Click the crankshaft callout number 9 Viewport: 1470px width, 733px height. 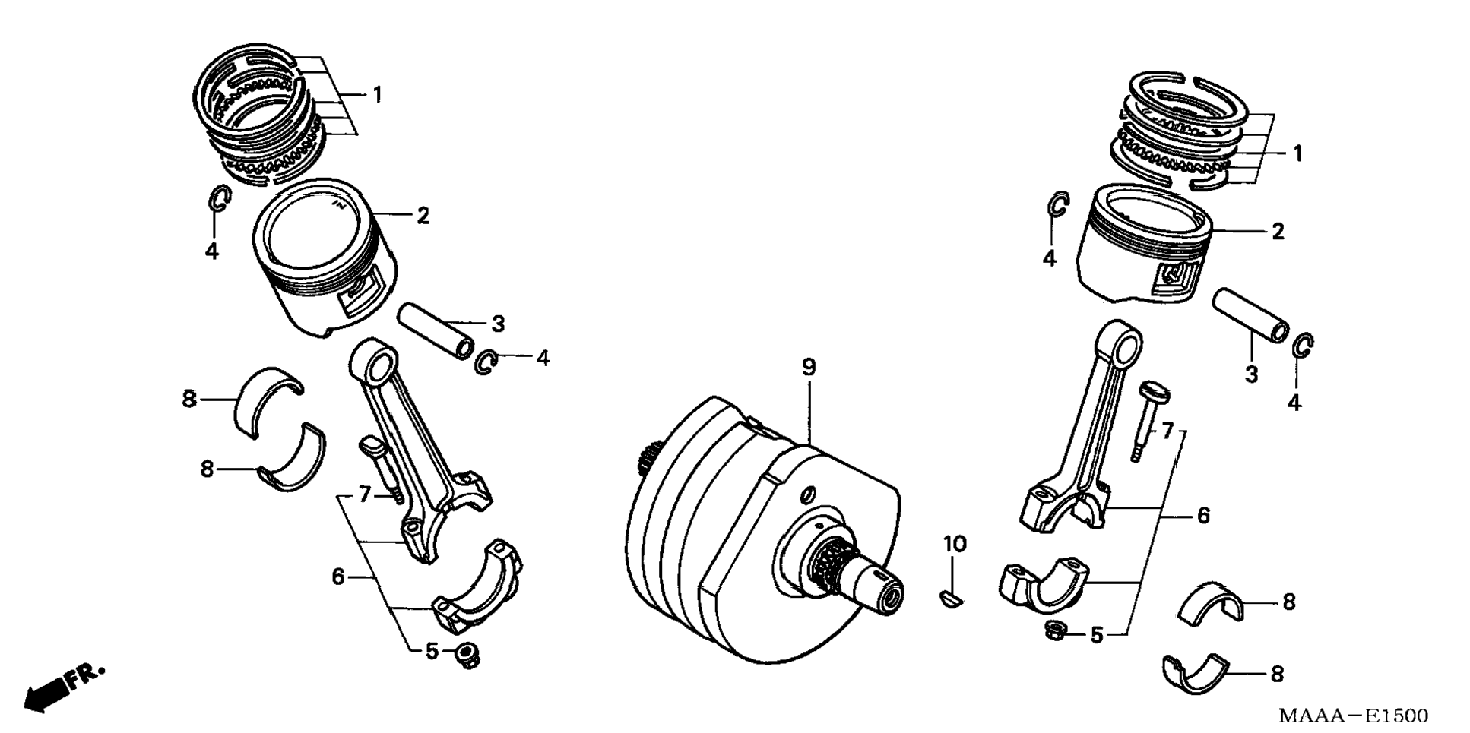pos(809,368)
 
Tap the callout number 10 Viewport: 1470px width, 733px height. pos(955,544)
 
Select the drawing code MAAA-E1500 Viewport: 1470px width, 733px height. pos(1352,716)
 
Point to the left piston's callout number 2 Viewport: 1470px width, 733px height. pos(423,216)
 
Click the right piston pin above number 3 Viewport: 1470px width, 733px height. pos(1250,315)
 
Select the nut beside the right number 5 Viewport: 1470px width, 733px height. pos(1053,629)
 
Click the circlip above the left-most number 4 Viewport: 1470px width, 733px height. pos(219,199)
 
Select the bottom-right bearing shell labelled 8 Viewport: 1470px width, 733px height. pos(1195,673)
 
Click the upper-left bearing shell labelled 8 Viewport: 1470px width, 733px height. pos(269,400)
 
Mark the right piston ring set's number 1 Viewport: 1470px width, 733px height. pos(1297,153)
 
